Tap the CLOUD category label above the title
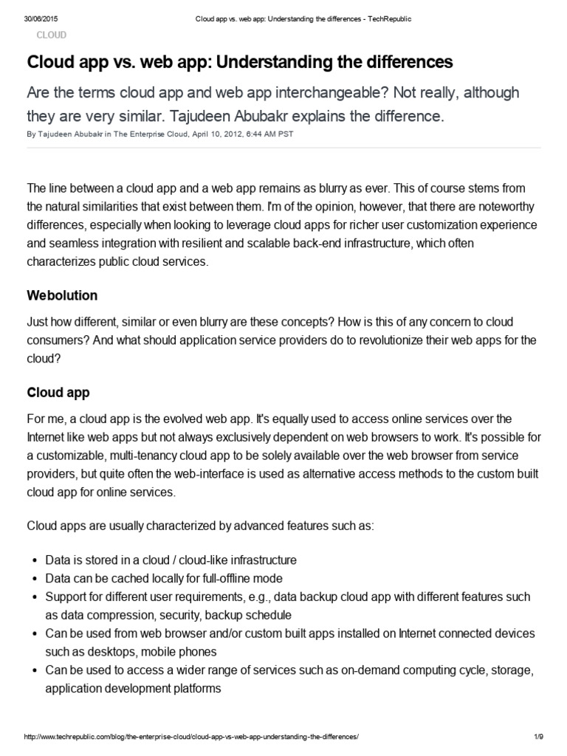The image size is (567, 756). pyautogui.click(x=52, y=35)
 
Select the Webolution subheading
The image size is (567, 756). pyautogui.click(x=62, y=295)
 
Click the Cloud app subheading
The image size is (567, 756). pyautogui.click(x=58, y=391)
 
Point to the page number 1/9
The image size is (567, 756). pyautogui.click(x=538, y=738)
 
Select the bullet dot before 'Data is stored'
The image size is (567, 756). pyautogui.click(x=34, y=560)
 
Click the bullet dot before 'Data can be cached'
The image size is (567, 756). pyautogui.click(x=34, y=578)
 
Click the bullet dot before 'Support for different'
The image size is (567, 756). pyautogui.click(x=34, y=597)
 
